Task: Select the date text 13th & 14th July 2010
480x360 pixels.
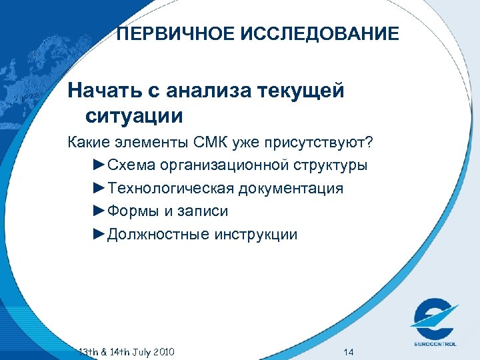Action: tap(126, 351)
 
